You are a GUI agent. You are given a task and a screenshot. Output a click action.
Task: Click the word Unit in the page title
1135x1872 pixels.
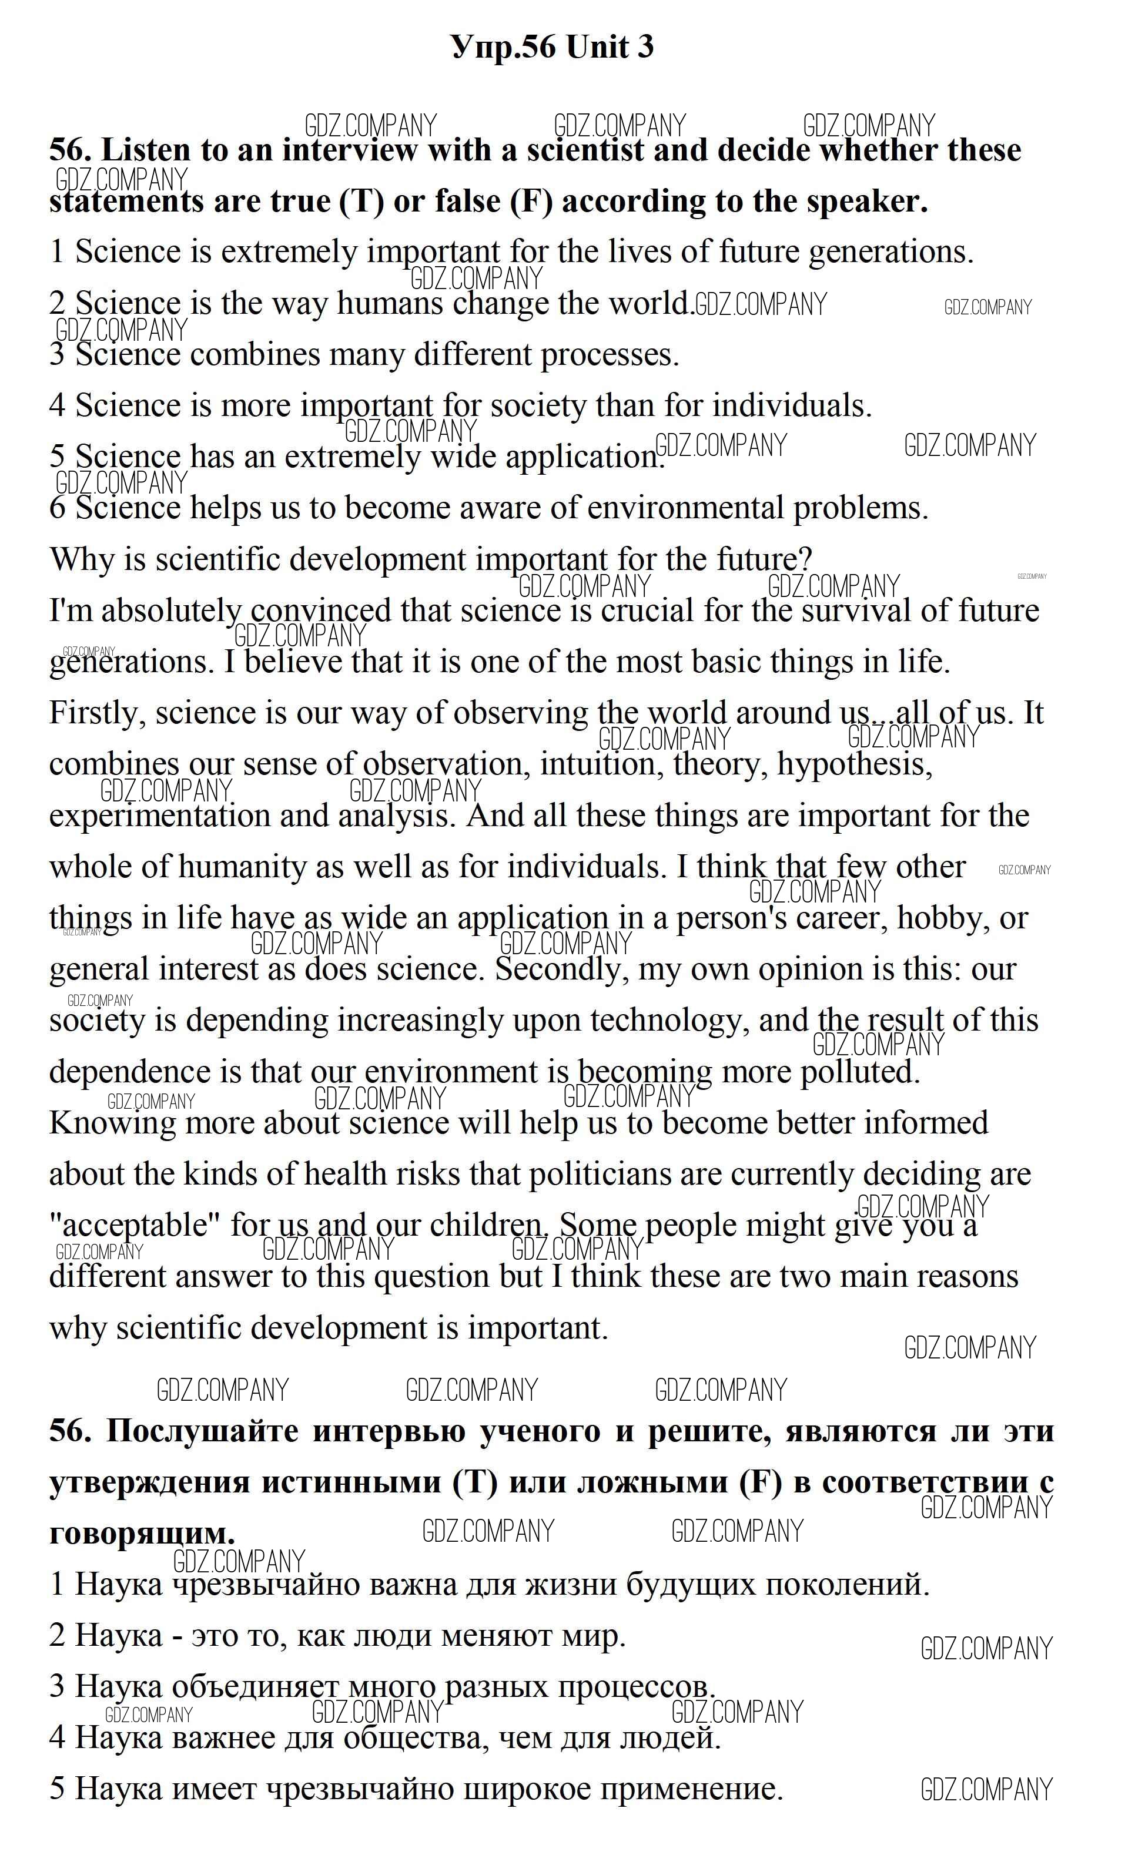click(598, 48)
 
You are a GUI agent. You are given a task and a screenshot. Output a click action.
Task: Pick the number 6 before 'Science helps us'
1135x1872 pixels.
click(57, 508)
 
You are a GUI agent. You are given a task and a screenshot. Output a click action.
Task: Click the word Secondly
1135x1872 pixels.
click(562, 969)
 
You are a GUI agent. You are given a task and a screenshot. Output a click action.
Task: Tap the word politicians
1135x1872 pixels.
click(599, 1175)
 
